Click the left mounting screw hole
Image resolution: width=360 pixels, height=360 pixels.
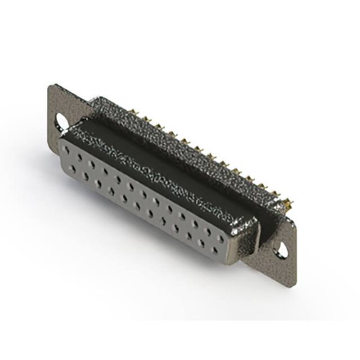click(61, 120)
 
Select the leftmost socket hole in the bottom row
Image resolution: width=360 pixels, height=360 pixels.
click(73, 168)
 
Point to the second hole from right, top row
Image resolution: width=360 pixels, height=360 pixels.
click(208, 231)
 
